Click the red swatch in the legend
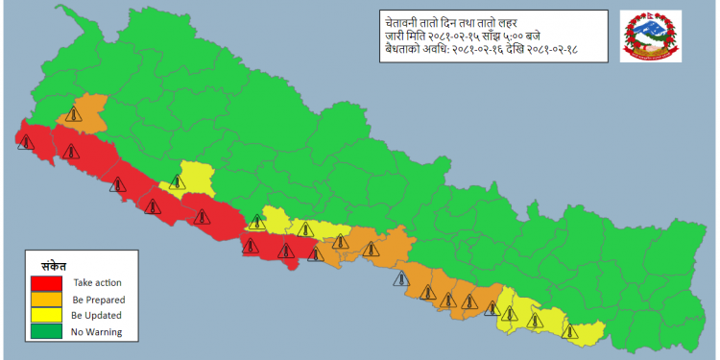click(x=45, y=283)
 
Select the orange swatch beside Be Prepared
click(x=45, y=300)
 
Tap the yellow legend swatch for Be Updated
click(x=45, y=316)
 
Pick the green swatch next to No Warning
click(x=45, y=332)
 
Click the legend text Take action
click(x=97, y=283)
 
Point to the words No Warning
click(x=97, y=332)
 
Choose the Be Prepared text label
click(x=99, y=300)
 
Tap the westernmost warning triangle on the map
click(x=24, y=142)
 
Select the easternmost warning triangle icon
click(x=572, y=332)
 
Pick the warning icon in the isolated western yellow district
click(x=178, y=180)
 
